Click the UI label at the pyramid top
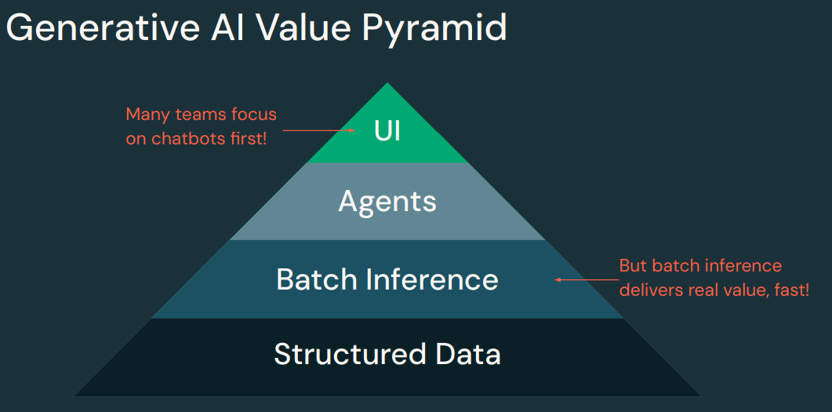(387, 130)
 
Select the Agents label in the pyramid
(387, 202)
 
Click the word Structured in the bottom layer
(339, 354)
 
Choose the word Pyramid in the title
(434, 29)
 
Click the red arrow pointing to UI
(318, 130)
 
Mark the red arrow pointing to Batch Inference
(583, 279)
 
